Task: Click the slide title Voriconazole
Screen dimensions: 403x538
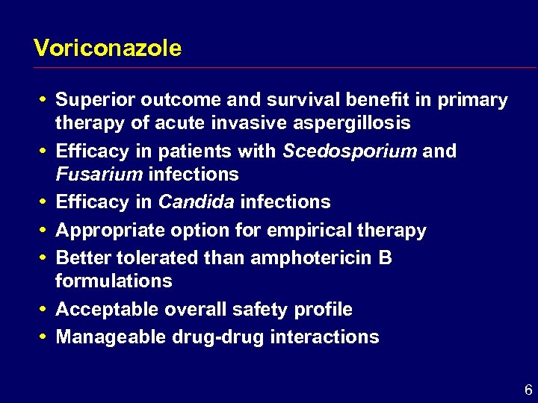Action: pos(108,49)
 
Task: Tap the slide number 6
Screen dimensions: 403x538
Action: pos(528,390)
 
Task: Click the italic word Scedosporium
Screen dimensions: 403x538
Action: pos(350,151)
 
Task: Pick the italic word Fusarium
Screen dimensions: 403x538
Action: pos(99,175)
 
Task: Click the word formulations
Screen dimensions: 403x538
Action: pos(114,281)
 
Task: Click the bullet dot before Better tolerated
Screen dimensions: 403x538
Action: pos(44,257)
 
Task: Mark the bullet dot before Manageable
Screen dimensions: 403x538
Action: pos(44,336)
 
